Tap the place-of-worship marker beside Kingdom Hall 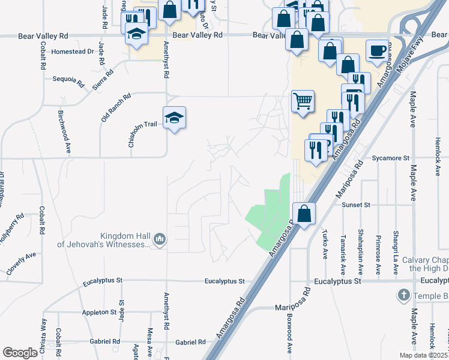click(x=160, y=239)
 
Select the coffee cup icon click(x=377, y=51)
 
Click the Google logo click(x=20, y=353)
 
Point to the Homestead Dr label click(x=73, y=52)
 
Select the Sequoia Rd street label click(x=66, y=79)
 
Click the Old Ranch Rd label click(x=116, y=106)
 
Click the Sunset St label click(x=356, y=205)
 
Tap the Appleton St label click(x=100, y=312)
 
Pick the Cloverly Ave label click(x=22, y=263)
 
